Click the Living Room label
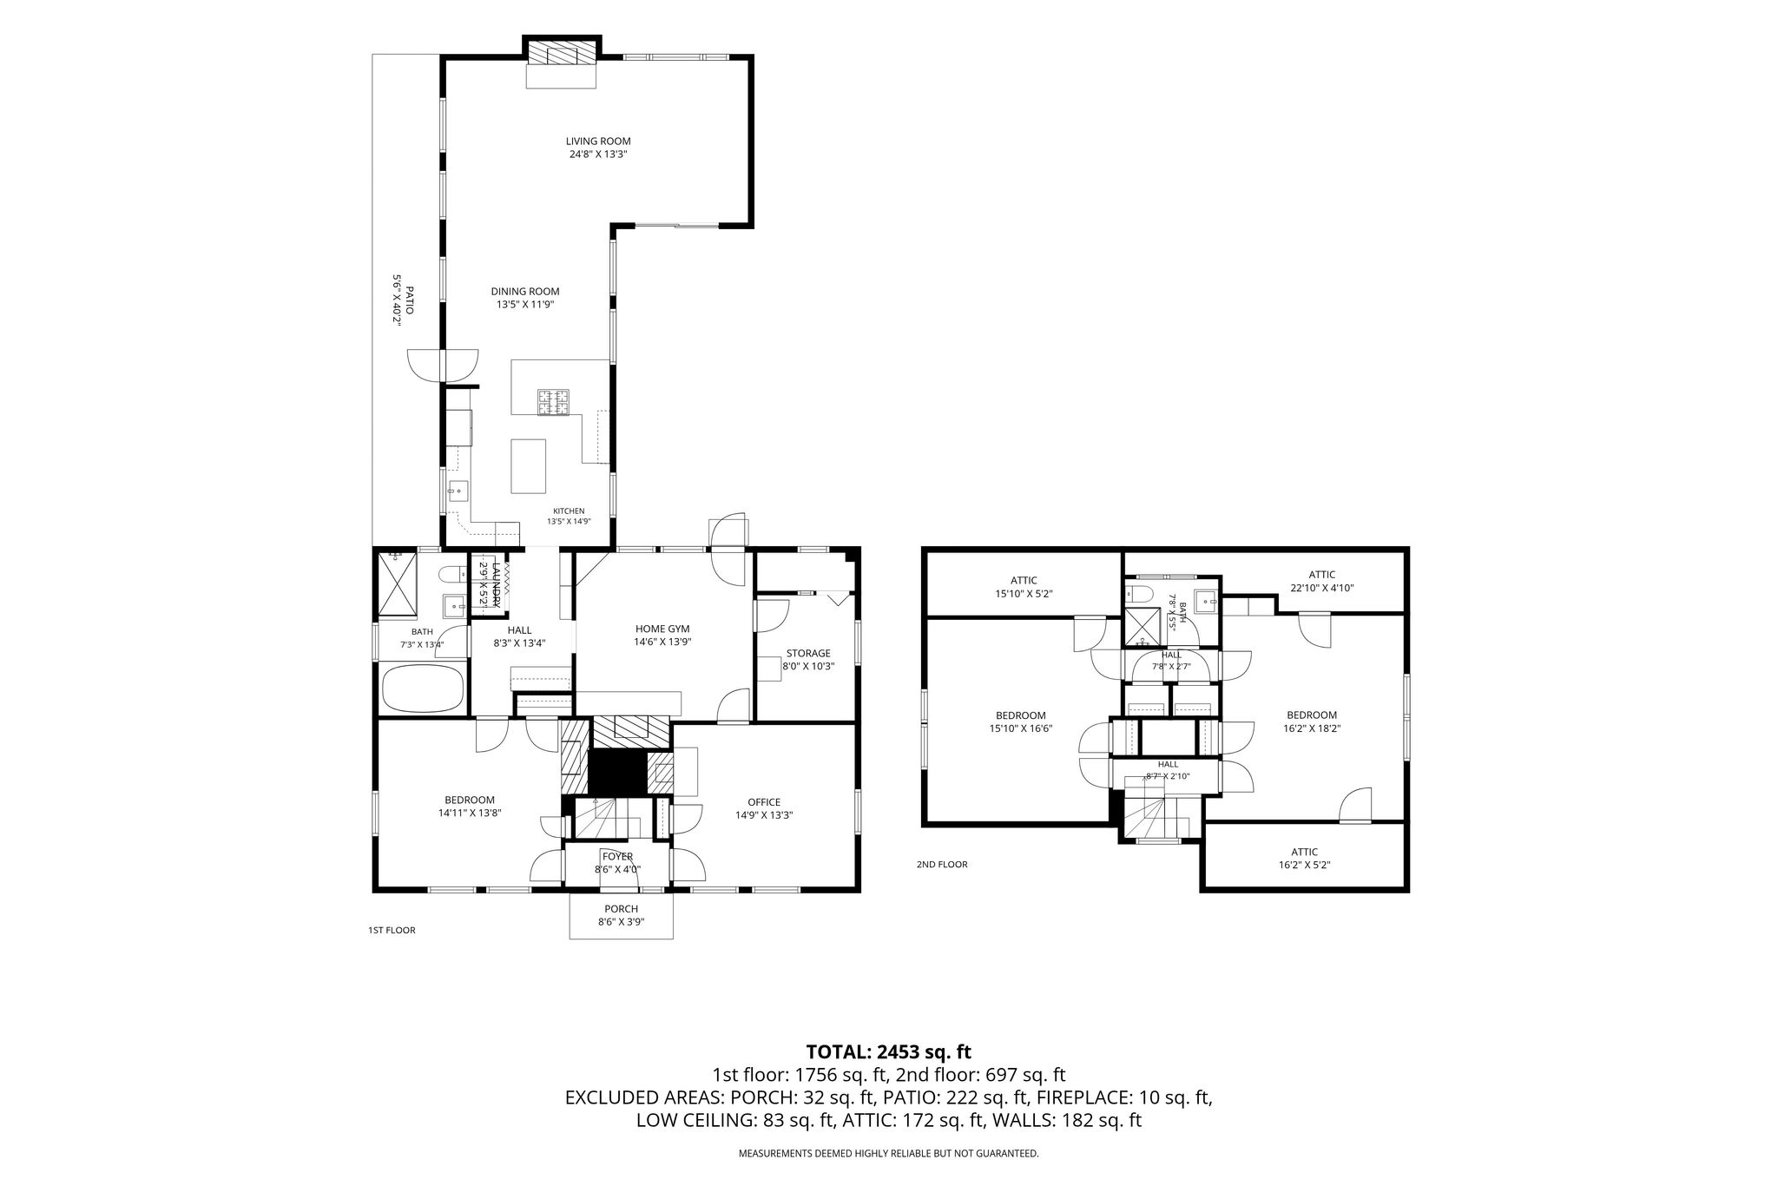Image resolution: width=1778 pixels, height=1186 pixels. [598, 142]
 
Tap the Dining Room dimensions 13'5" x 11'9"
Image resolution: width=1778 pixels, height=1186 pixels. [525, 305]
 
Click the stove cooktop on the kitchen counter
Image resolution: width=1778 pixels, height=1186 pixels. [554, 402]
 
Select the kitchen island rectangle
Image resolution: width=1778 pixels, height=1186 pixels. [529, 466]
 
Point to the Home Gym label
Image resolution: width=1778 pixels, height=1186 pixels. [662, 629]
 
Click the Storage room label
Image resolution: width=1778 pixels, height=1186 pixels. [808, 654]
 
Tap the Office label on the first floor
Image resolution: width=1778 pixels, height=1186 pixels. [764, 802]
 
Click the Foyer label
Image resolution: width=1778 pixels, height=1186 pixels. [618, 857]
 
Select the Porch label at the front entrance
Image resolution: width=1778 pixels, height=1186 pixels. [621, 909]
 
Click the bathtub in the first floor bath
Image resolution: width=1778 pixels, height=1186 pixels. [423, 688]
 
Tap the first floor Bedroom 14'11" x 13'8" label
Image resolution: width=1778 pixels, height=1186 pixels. [470, 807]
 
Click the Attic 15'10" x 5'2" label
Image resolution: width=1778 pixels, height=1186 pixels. [1024, 587]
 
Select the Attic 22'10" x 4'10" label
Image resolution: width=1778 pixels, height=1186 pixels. [1321, 581]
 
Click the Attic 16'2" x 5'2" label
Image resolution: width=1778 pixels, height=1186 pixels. [1304, 858]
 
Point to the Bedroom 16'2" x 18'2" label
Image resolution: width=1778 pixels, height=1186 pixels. [1312, 721]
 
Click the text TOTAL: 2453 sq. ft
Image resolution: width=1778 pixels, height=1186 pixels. [888, 1052]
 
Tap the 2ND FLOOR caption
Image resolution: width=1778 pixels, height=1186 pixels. [942, 865]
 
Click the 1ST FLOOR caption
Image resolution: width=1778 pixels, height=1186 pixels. [392, 931]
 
